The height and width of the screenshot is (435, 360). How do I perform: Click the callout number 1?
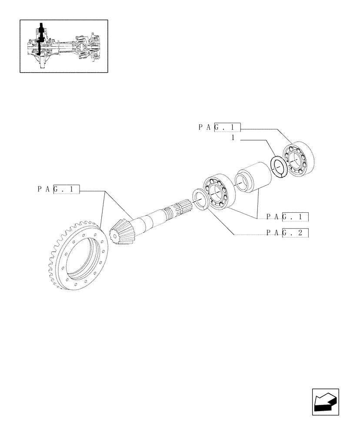click(x=233, y=137)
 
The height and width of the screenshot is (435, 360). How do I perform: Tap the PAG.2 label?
click(x=287, y=233)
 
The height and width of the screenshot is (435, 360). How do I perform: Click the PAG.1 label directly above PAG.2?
click(x=287, y=216)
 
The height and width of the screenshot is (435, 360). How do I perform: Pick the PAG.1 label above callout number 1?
click(x=220, y=127)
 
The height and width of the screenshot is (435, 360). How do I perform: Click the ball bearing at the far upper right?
click(x=297, y=159)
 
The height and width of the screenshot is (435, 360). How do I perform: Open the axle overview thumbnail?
click(x=63, y=45)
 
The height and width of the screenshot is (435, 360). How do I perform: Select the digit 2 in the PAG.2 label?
click(x=300, y=233)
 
